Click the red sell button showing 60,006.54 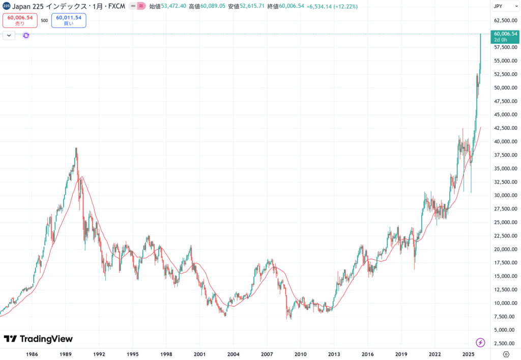pyautogui.click(x=20, y=20)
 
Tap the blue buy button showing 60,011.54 pyautogui.click(x=69, y=20)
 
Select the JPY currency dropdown pyautogui.click(x=504, y=7)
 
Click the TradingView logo pyautogui.click(x=38, y=339)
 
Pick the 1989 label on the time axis pyautogui.click(x=66, y=354)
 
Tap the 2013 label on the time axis pyautogui.click(x=334, y=354)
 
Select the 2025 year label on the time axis pyautogui.click(x=469, y=354)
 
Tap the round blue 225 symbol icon pyautogui.click(x=6, y=7)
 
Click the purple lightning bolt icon pyautogui.click(x=480, y=342)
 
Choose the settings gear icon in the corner pyautogui.click(x=506, y=354)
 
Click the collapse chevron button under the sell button pyautogui.click(x=9, y=35)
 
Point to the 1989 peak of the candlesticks pyautogui.click(x=76, y=148)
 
